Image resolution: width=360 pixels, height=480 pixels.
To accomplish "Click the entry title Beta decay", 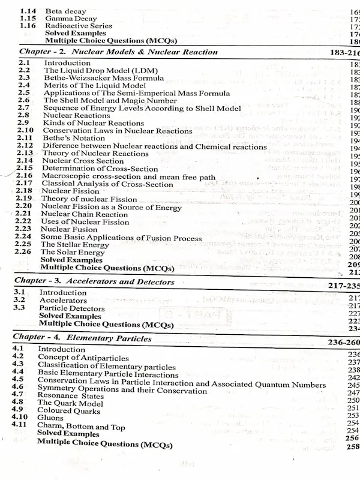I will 65,11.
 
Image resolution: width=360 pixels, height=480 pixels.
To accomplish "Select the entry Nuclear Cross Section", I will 82,161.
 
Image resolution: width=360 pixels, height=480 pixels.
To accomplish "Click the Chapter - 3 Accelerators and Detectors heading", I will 94,281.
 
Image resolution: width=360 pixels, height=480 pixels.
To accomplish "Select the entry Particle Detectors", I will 71,308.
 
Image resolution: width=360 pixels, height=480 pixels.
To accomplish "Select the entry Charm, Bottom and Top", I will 81,427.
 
